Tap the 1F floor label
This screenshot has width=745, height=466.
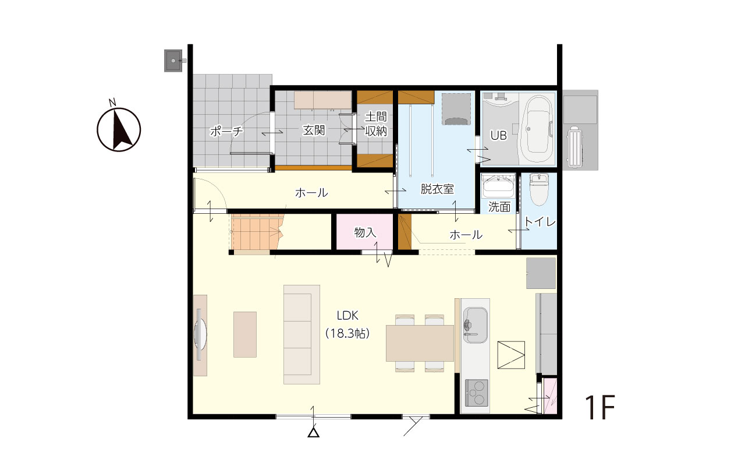click(x=601, y=407)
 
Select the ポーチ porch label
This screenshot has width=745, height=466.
click(x=226, y=131)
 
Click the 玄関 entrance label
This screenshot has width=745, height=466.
click(x=314, y=130)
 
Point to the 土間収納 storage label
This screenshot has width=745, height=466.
click(x=376, y=124)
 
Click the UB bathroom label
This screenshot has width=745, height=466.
click(x=499, y=135)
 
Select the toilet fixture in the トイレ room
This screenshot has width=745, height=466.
click(x=539, y=189)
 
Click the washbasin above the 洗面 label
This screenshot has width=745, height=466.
click(x=498, y=187)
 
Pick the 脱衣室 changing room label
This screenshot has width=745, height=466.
click(x=437, y=189)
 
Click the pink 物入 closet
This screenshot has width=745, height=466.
click(x=364, y=232)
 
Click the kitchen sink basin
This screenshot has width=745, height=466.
click(x=476, y=325)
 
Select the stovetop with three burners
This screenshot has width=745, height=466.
click(x=477, y=393)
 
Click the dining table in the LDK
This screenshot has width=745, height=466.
click(x=420, y=343)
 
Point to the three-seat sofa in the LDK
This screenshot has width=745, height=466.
click(x=301, y=334)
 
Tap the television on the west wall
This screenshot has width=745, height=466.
click(x=200, y=334)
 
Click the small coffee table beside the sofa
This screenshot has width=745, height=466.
click(x=245, y=334)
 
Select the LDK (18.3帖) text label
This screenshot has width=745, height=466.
click(x=347, y=324)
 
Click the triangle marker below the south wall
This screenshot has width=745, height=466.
click(x=313, y=433)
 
